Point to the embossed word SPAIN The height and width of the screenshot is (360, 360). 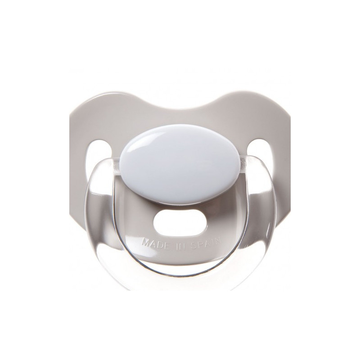[206, 243]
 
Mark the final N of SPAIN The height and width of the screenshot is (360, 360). [218, 241]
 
